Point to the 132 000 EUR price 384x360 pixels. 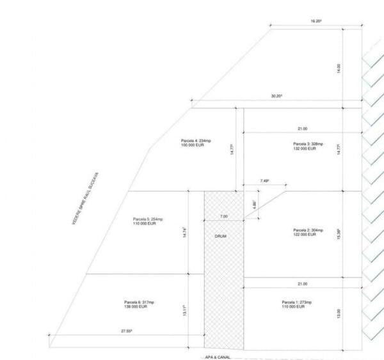click(x=304, y=149)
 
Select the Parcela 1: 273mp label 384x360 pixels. click(x=296, y=302)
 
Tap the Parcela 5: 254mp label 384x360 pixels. click(x=148, y=219)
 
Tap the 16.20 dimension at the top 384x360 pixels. click(x=316, y=21)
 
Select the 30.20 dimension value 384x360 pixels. click(x=276, y=96)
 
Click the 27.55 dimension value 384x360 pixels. click(x=127, y=331)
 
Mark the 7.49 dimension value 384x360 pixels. click(x=264, y=181)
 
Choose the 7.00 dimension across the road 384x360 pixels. click(x=223, y=216)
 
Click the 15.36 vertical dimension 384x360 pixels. click(x=339, y=236)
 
